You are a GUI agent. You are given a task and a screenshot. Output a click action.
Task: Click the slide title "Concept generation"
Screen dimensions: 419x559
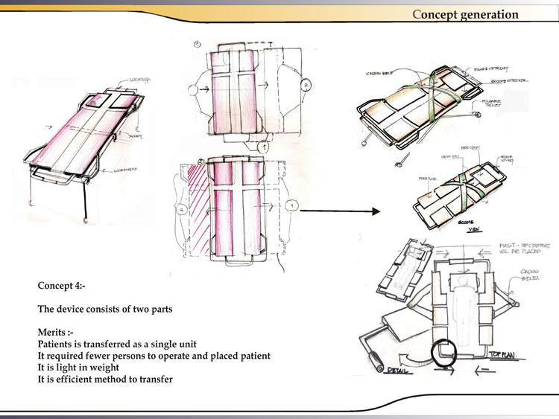pos(465,14)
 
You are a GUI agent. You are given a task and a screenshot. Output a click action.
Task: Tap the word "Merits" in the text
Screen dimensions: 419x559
pos(54,333)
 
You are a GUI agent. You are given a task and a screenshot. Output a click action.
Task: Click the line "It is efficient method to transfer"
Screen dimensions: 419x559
pos(105,380)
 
